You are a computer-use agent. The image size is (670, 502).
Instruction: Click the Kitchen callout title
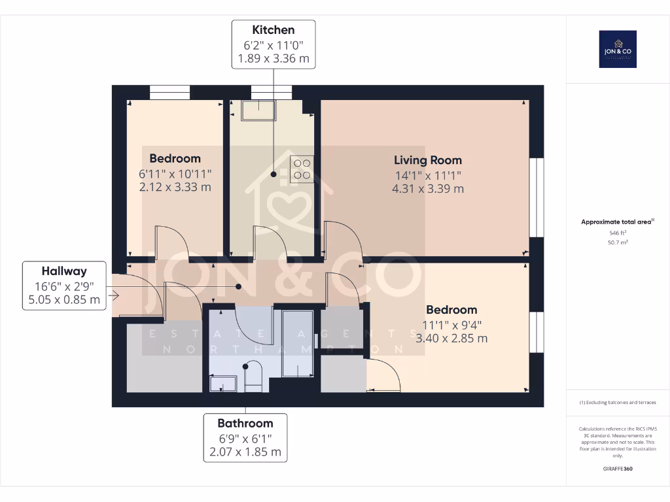(273, 30)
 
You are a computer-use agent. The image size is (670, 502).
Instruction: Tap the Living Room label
(427, 160)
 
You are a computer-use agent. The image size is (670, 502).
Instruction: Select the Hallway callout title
(64, 271)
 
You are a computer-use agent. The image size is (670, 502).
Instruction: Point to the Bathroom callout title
(245, 423)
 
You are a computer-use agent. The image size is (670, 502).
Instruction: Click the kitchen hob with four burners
(301, 169)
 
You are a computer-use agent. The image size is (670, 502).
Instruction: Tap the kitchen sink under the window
(258, 110)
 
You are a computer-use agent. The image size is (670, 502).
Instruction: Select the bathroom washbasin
(224, 383)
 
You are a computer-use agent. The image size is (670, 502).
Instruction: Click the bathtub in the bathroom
(298, 344)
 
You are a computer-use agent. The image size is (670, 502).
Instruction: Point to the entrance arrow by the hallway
(115, 296)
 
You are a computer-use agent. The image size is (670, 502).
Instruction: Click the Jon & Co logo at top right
(618, 49)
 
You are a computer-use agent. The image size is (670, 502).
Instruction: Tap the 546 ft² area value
(618, 233)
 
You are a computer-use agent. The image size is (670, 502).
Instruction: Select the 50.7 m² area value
(618, 242)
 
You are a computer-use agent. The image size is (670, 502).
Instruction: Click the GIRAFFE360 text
(618, 469)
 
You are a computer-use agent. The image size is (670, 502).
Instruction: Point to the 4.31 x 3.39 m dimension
(427, 189)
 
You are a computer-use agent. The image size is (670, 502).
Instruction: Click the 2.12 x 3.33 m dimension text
(175, 187)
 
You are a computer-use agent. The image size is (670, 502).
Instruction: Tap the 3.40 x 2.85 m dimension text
(451, 338)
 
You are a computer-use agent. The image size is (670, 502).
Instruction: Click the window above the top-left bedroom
(170, 92)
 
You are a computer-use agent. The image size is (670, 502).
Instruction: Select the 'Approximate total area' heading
(616, 222)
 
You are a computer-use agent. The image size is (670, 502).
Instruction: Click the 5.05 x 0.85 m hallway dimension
(64, 300)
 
